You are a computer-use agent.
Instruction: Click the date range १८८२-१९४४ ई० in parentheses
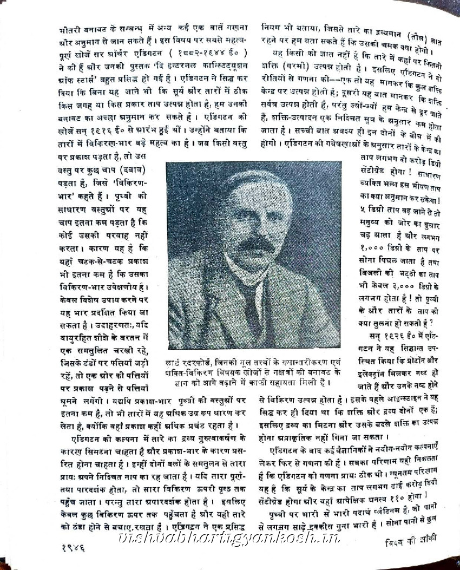pyautogui.click(x=210, y=53)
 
